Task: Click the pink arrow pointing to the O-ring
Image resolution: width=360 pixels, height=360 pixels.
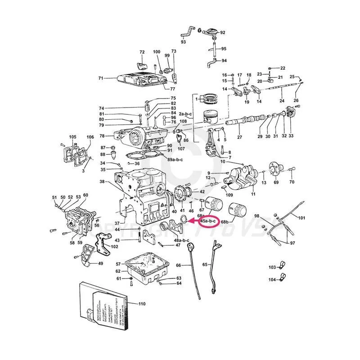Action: [193, 221]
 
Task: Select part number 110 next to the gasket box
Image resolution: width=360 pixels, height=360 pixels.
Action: [142, 305]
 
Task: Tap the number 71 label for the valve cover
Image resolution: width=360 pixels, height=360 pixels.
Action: [101, 78]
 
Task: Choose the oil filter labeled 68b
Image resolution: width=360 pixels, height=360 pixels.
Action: [238, 210]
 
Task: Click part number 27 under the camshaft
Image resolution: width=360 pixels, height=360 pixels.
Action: [239, 137]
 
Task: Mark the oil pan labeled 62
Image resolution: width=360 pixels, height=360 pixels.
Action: [146, 270]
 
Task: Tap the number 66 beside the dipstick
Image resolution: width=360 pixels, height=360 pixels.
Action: [178, 265]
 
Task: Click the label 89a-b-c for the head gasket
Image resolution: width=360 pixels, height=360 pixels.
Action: [175, 159]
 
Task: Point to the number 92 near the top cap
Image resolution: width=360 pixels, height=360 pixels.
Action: [222, 32]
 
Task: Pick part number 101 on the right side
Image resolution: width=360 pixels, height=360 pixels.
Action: [301, 218]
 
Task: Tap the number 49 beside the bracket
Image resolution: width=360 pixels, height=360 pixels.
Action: [100, 264]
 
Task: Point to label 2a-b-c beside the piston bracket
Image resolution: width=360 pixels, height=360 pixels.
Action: [185, 114]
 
